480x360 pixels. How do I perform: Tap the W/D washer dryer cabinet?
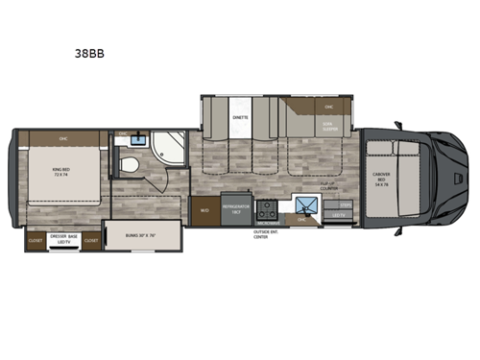coord(204,210)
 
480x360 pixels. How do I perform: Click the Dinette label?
coord(240,116)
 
